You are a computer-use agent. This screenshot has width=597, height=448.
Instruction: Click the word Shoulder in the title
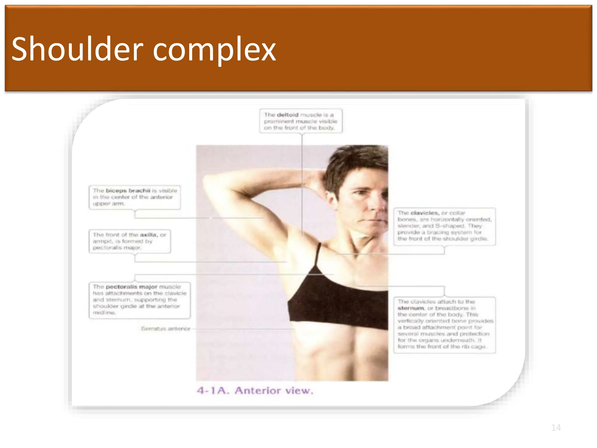pos(77,49)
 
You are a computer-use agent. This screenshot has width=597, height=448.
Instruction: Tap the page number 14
pos(556,428)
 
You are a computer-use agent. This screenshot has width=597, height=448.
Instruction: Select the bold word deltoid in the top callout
pos(287,115)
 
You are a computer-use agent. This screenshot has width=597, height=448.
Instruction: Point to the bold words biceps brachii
pos(128,191)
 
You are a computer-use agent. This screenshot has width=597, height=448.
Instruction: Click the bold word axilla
pos(148,235)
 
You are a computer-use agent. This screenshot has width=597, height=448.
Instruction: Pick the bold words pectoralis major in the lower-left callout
pos(131,287)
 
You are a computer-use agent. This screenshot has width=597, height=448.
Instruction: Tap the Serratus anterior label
pos(165,329)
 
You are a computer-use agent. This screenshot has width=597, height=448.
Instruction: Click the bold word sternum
pos(411,308)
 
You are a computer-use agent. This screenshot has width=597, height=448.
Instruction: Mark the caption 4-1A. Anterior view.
pos(255,391)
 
